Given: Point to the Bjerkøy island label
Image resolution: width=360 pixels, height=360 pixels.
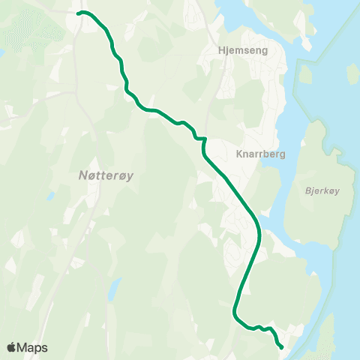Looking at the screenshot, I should (323, 190).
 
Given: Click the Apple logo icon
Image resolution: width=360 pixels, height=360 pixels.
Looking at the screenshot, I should (12, 347).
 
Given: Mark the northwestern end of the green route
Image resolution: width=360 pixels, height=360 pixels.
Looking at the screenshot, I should (79, 13).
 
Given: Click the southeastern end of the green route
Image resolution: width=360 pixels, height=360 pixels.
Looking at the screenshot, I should (280, 346).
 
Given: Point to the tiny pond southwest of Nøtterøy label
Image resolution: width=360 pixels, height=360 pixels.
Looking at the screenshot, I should (48, 197).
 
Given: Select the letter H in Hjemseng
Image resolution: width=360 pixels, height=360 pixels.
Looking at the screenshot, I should (219, 51).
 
